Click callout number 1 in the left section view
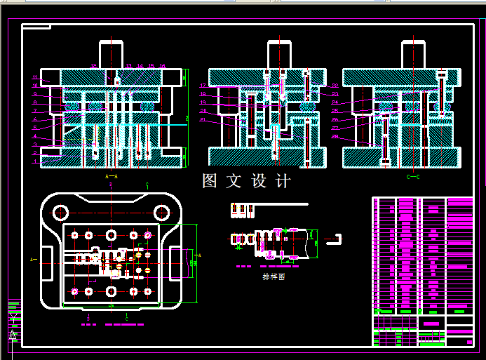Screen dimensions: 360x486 34,162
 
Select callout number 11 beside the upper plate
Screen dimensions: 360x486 34,76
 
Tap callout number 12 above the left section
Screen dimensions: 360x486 93,67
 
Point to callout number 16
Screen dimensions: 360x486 163,67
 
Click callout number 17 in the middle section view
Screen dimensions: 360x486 202,86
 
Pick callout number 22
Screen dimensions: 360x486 335,86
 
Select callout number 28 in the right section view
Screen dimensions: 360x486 335,136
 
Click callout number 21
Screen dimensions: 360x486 202,119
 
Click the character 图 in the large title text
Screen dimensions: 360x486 209,181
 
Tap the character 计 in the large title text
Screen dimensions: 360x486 283,181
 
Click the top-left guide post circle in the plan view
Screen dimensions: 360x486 62,211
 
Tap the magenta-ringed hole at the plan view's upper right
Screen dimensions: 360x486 148,234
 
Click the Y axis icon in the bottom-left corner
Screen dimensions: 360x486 13,321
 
